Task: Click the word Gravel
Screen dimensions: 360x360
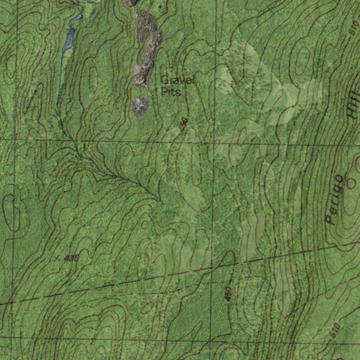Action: (177, 80)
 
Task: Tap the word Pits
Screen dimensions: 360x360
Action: (171, 92)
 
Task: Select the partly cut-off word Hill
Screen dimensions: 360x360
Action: (353, 105)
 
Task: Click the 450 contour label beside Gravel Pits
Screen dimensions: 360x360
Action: (184, 124)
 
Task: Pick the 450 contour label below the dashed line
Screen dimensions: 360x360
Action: (228, 294)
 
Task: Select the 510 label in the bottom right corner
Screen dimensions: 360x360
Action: (335, 330)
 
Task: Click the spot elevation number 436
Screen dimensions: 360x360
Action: (71, 258)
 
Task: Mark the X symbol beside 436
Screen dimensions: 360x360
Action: (57, 259)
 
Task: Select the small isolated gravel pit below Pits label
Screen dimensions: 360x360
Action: (141, 106)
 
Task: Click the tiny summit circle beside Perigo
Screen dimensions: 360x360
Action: (351, 183)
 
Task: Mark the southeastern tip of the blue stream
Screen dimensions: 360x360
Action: (162, 203)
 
